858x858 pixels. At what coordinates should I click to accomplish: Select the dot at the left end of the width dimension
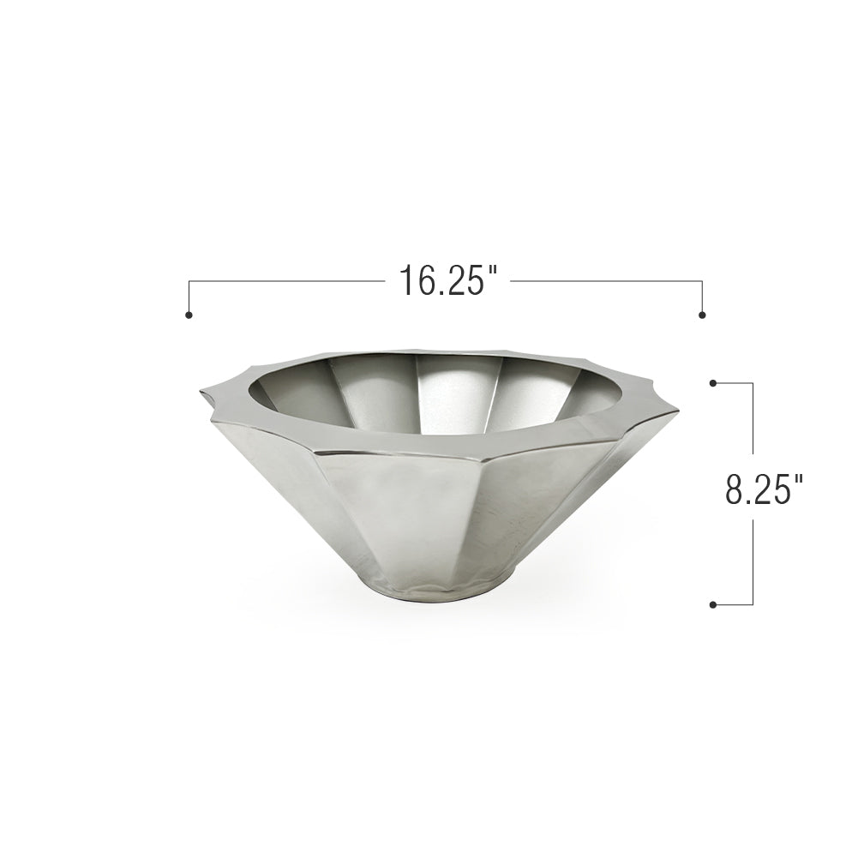[189, 315]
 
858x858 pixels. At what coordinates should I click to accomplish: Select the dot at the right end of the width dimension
[703, 315]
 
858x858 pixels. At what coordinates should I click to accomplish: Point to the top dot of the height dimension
[713, 383]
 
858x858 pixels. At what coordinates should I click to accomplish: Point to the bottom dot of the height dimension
[713, 604]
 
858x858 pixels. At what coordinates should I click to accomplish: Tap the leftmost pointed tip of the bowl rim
[201, 392]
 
